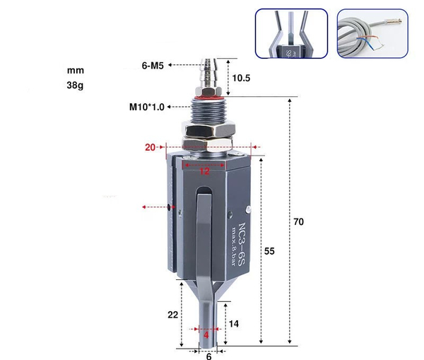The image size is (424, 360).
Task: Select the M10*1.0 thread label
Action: point(146,107)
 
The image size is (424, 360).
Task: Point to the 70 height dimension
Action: point(299,222)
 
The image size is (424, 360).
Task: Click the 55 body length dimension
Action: point(270,251)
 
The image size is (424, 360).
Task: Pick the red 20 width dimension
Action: point(151,148)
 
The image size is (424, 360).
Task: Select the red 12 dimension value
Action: point(204,170)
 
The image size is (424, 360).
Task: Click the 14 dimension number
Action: point(234,323)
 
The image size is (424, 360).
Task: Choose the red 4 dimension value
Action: point(206,332)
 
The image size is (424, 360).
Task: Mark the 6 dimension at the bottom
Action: point(208,356)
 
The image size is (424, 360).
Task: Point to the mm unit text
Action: point(75,71)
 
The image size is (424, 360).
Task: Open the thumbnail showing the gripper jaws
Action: point(290,34)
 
